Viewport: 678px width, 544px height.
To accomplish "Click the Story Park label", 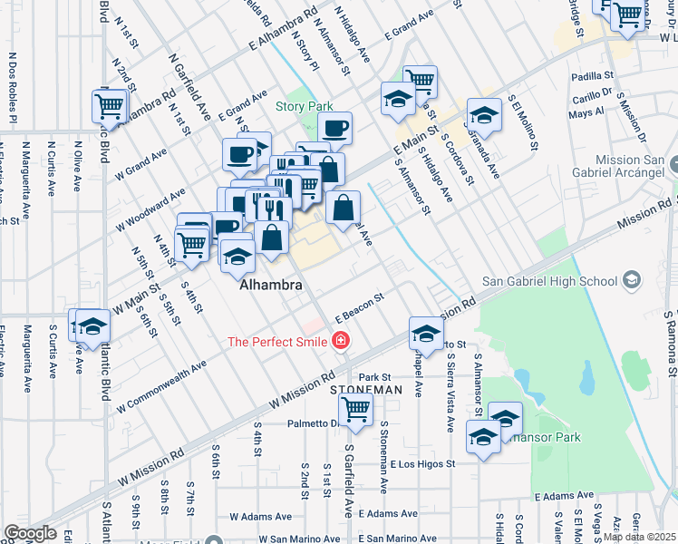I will point(305,106).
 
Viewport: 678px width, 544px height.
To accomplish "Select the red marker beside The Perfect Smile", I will point(341,342).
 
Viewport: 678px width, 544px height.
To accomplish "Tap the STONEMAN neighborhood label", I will point(365,389).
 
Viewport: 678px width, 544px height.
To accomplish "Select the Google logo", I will point(30,533).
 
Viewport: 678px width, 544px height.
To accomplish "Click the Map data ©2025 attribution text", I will point(638,536).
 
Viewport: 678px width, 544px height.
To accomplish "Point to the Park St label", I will point(373,377).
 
